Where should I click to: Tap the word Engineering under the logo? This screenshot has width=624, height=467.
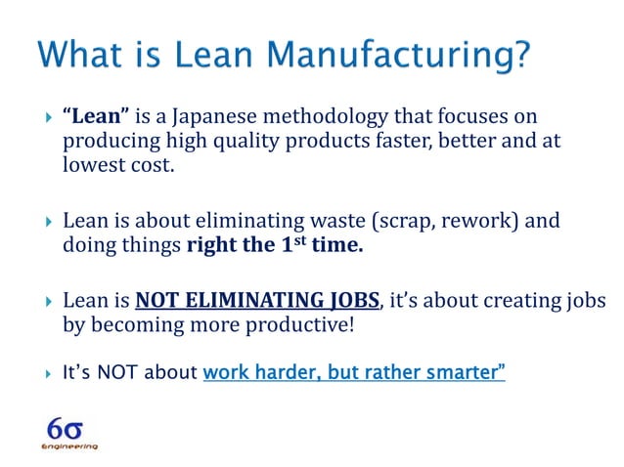[68, 446]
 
